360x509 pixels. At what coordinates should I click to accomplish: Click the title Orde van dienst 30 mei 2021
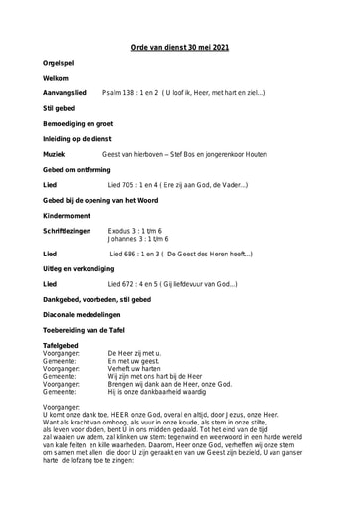[x=179, y=47]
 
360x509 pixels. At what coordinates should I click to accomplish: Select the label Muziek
[x=56, y=155]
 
